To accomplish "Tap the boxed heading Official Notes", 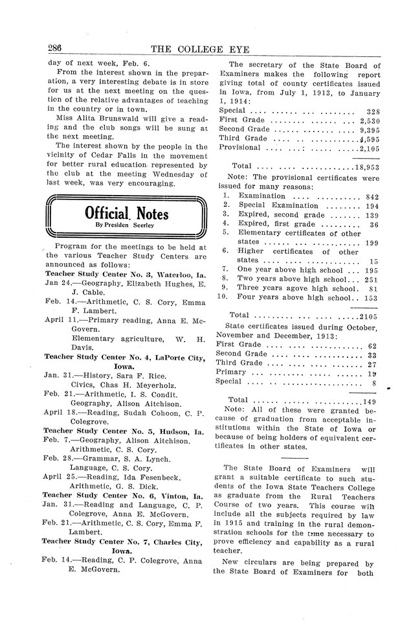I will click(127, 214).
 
